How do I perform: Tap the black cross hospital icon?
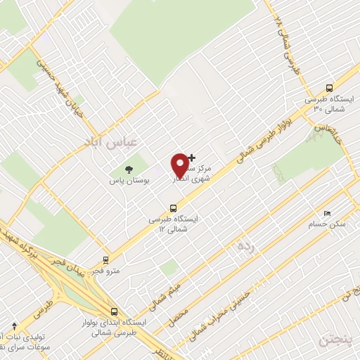tap(192, 157)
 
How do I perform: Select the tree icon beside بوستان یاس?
tap(129, 169)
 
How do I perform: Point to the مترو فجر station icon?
tap(106, 259)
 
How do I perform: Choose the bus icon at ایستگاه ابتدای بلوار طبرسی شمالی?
tap(114, 311)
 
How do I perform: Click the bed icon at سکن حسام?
tap(326, 213)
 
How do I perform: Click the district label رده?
tap(245, 245)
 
